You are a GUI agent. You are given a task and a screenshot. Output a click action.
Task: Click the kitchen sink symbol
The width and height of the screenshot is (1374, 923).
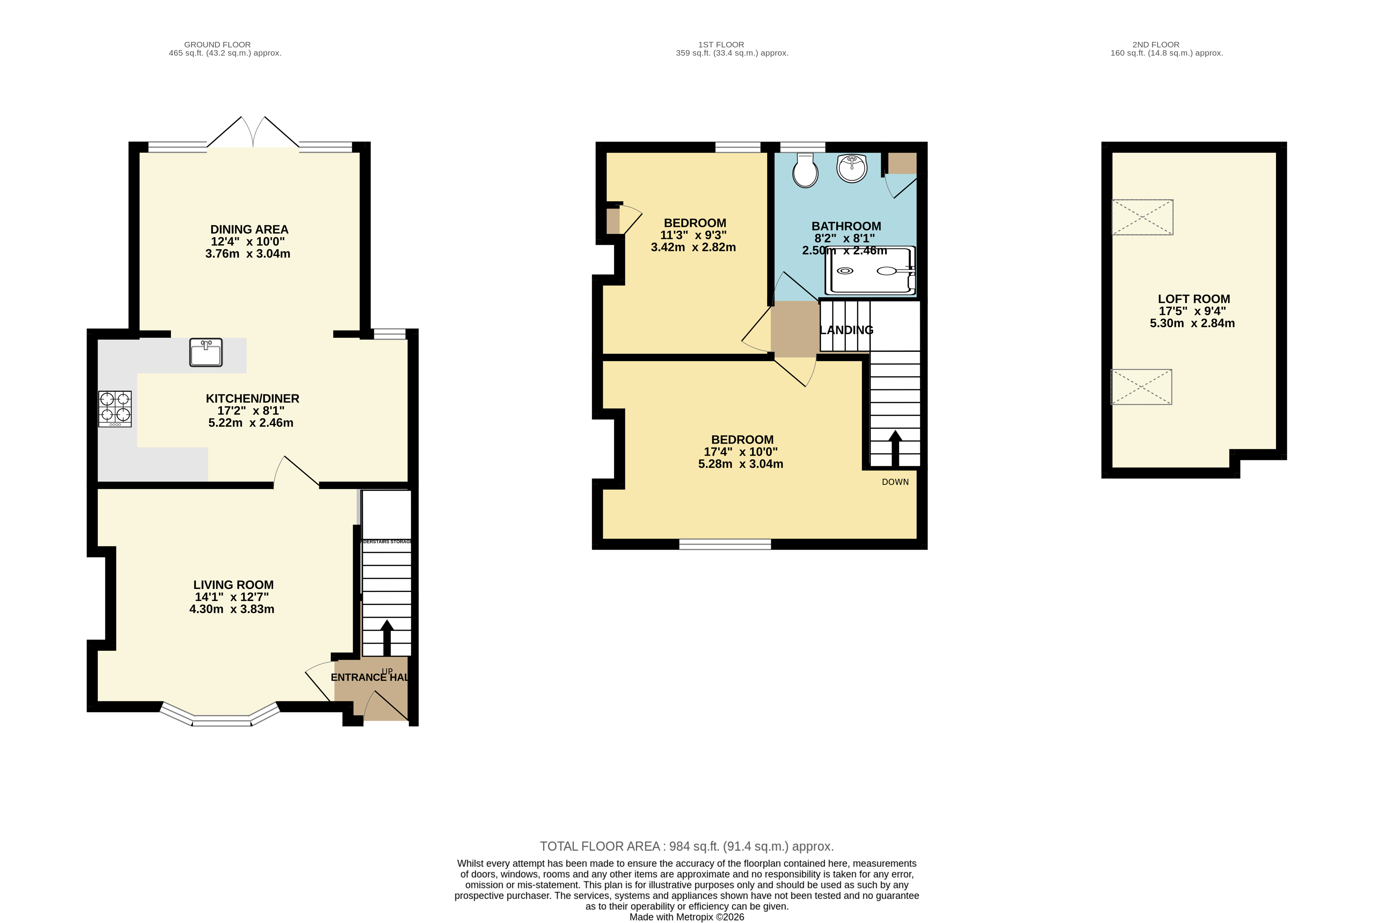(205, 352)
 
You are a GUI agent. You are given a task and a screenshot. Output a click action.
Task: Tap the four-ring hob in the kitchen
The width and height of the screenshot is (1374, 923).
(115, 409)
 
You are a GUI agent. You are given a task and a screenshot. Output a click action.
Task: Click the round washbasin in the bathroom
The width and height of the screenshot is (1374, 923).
(851, 168)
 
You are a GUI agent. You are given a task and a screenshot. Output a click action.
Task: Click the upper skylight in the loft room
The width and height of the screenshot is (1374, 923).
(1142, 217)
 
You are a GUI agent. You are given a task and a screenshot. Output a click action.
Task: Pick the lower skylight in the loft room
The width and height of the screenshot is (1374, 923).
(1141, 387)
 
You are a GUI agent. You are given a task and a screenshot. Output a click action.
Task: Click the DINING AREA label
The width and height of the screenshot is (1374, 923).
(249, 230)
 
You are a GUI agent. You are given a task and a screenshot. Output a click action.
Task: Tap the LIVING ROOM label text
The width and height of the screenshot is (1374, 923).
(233, 585)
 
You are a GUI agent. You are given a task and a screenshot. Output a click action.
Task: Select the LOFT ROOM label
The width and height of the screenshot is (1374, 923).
(1193, 299)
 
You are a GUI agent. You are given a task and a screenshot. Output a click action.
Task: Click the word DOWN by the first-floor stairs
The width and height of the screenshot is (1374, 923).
(895, 482)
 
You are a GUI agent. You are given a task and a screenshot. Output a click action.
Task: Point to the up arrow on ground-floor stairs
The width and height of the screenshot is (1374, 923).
(387, 637)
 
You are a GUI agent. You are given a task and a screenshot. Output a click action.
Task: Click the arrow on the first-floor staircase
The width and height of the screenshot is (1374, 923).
(895, 448)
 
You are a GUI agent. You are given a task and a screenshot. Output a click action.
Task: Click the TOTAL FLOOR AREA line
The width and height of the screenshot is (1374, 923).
(686, 847)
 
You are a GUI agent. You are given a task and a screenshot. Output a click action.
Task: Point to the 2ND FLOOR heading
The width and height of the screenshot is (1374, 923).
(1156, 45)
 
